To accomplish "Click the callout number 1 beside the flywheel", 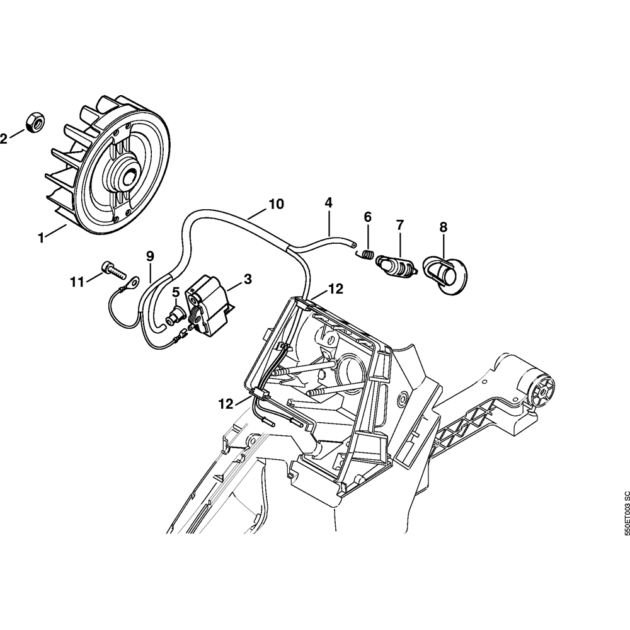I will pos(42,238).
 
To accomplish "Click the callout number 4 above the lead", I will pos(328,203).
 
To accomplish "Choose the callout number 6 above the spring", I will pos(368,217).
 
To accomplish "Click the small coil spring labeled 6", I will pos(367,254).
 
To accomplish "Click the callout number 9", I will pos(150,256).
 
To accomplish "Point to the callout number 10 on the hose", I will pos(276,204).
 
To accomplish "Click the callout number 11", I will pos(76,282).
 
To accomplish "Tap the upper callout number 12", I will pos(335,289).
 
